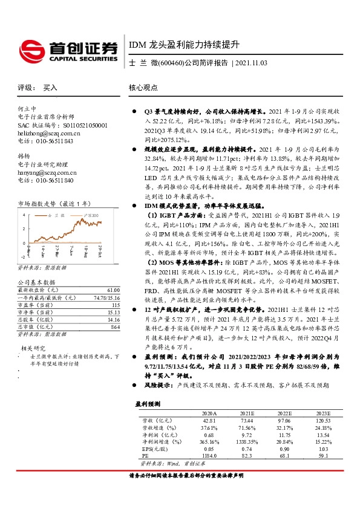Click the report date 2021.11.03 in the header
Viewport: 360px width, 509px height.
click(250, 63)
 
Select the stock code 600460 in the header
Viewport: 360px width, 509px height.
click(168, 63)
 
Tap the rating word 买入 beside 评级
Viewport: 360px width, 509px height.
click(51, 88)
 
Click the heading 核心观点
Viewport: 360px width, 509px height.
click(143, 88)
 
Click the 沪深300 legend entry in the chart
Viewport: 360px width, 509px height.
click(91, 215)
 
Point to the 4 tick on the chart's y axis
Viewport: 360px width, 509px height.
click(24, 215)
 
